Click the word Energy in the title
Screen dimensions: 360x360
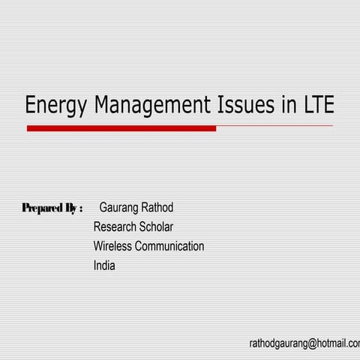57,106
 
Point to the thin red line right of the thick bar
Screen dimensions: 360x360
274,126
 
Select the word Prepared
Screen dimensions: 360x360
42,208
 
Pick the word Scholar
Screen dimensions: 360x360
157,226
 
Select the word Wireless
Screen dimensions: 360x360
112,246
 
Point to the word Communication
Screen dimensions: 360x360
169,246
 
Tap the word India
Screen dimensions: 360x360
104,265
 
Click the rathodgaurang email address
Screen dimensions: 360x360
304,343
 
